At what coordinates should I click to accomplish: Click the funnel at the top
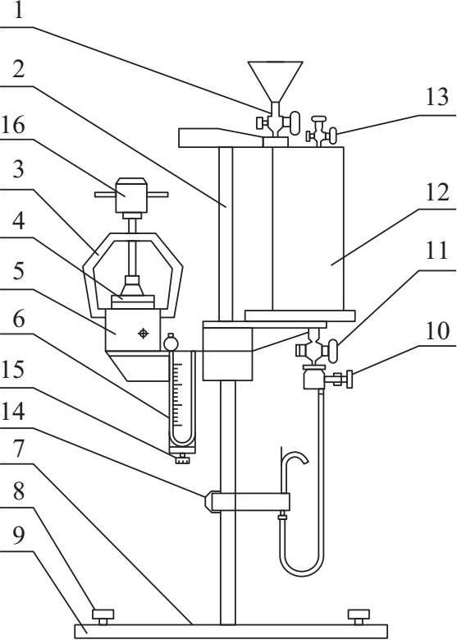tap(276, 81)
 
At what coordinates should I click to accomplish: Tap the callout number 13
tap(437, 97)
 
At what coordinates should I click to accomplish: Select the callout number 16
tap(13, 126)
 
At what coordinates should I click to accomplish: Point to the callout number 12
tap(437, 192)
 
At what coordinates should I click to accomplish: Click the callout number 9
tap(19, 535)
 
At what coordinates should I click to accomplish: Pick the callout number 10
tap(437, 330)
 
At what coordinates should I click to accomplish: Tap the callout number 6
tap(19, 320)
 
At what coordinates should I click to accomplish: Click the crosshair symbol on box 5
tap(143, 334)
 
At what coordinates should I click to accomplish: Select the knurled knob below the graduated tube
tap(183, 459)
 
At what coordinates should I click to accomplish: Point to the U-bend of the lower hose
tap(302, 569)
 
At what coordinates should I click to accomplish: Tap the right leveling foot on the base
tap(359, 616)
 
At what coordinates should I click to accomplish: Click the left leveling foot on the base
tap(103, 616)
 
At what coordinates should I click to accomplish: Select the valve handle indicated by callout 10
tap(349, 380)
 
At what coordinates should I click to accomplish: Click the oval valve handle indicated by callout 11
tap(333, 351)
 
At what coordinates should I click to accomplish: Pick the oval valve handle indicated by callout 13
tap(333, 136)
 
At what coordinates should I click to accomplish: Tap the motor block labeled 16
tap(130, 195)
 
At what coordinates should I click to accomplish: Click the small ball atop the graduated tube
tap(171, 342)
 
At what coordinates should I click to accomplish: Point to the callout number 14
tap(13, 412)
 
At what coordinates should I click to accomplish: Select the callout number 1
tap(19, 10)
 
